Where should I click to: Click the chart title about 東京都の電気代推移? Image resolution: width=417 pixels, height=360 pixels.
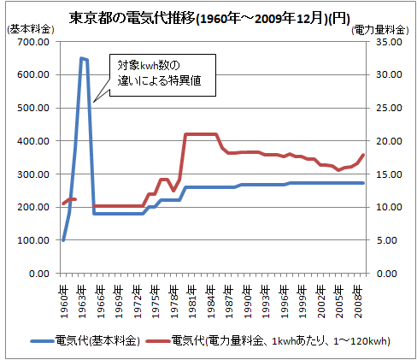[209, 18]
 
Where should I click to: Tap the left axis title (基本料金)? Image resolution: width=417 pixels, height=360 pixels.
[31, 29]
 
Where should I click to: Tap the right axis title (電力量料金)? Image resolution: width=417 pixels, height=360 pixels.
[380, 30]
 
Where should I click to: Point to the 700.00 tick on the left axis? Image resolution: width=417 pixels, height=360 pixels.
[33, 42]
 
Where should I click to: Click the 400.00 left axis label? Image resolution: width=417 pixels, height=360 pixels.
[33, 141]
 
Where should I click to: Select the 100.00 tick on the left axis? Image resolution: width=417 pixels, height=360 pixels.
[33, 240]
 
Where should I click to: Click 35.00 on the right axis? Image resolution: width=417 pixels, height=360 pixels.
[389, 42]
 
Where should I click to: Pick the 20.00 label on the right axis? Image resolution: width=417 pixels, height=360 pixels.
[389, 141]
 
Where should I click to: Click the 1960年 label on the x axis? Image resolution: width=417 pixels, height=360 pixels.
[64, 303]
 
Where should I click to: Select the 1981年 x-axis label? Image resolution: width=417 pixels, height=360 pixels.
[192, 303]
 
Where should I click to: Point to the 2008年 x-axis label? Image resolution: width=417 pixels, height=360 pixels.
[358, 303]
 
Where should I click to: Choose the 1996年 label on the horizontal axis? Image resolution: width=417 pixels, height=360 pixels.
[285, 303]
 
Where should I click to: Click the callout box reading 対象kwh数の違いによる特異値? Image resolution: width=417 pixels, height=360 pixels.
[162, 75]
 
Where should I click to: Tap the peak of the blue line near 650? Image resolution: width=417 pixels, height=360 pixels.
[81, 58]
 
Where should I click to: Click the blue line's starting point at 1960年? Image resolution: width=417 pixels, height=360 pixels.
[63, 240]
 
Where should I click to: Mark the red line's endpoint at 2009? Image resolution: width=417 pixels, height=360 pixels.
[363, 155]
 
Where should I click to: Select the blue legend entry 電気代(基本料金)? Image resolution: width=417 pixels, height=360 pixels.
[85, 341]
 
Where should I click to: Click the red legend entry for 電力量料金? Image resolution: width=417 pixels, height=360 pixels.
[267, 341]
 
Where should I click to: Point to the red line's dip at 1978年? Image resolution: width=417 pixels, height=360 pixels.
[173, 191]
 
